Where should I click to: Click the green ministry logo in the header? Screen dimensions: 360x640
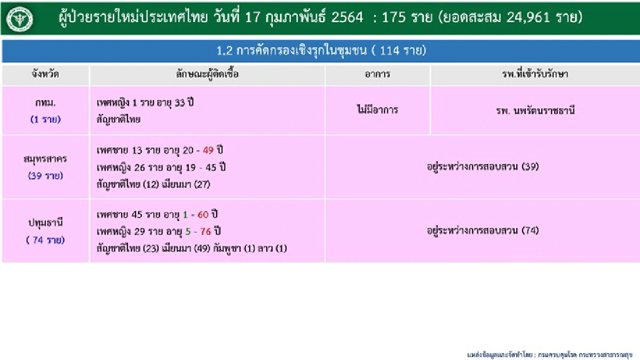point(20,18)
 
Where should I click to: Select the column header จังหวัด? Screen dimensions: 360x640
point(45,74)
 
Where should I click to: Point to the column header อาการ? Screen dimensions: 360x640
point(377,74)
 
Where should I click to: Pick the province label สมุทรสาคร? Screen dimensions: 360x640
point(45,159)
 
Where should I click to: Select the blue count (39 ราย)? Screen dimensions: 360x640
point(45,175)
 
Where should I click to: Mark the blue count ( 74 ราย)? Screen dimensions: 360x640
point(45,240)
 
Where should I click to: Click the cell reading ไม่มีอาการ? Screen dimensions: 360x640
point(377,110)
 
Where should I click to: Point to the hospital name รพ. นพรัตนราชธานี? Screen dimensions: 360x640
point(534,111)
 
